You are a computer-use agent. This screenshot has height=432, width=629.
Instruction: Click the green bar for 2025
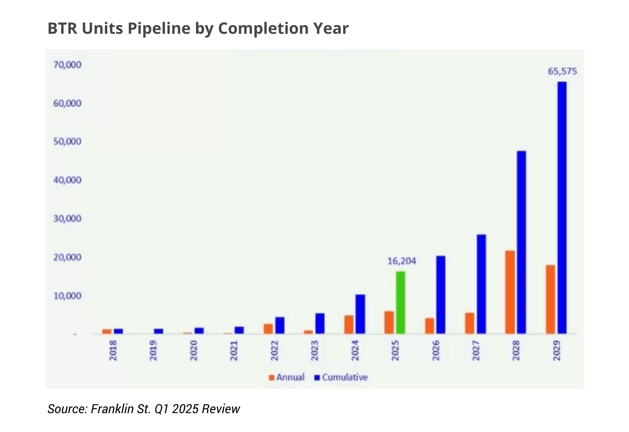tap(400, 302)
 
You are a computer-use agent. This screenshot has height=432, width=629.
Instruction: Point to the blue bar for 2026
tap(441, 295)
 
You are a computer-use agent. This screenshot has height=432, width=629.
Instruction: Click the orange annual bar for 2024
tap(349, 324)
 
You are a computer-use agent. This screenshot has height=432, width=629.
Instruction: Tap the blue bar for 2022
tap(280, 325)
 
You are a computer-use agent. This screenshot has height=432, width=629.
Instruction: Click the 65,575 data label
tap(562, 71)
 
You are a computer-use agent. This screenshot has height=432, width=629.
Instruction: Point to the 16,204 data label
tap(401, 261)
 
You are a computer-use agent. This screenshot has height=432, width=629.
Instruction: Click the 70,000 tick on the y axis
tap(67, 65)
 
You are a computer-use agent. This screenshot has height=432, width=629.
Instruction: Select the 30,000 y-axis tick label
tap(67, 218)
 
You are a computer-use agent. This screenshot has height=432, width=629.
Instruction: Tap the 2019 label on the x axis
tap(153, 350)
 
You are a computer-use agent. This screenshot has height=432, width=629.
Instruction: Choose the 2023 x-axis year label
tap(314, 350)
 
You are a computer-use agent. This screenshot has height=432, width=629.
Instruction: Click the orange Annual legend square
tap(271, 377)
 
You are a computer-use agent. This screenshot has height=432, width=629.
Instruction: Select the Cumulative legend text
tap(345, 377)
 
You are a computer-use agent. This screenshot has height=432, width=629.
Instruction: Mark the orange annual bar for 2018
tap(107, 331)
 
